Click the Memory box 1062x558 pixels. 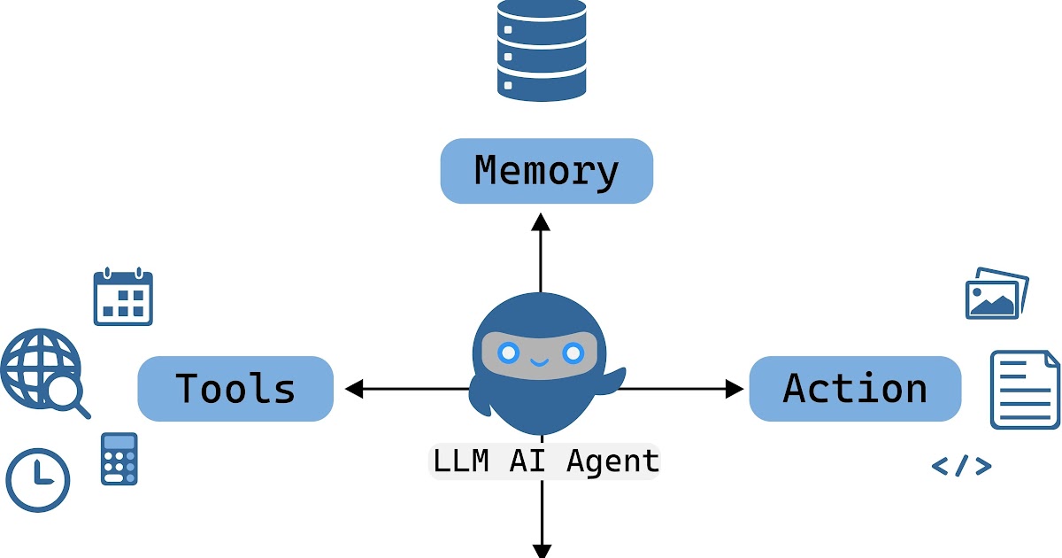(x=546, y=171)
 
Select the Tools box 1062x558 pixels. (x=235, y=389)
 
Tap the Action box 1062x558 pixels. (x=855, y=389)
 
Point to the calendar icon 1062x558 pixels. (x=123, y=298)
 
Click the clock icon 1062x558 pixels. (x=38, y=479)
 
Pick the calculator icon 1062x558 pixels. (x=119, y=458)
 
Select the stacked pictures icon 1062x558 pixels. (x=996, y=294)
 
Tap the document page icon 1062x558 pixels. (x=1024, y=390)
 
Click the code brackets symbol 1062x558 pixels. (x=961, y=466)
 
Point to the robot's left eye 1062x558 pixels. (x=508, y=353)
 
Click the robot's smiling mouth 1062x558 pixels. (x=540, y=362)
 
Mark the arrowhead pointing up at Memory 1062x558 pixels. (x=541, y=221)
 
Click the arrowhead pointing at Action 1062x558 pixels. (x=735, y=388)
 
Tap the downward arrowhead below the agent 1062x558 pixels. (x=541, y=549)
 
